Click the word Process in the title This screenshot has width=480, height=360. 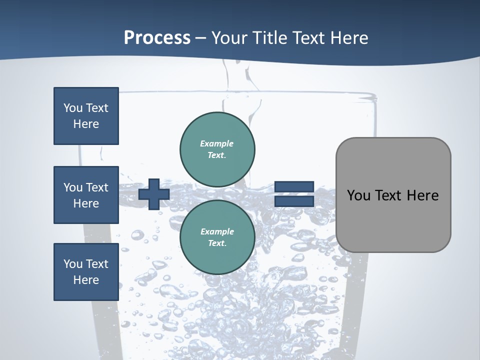pyautogui.click(x=157, y=38)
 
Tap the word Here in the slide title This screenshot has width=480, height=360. pyautogui.click(x=349, y=38)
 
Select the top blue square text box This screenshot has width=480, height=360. pyautogui.click(x=86, y=116)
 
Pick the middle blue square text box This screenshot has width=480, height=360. pyautogui.click(x=86, y=195)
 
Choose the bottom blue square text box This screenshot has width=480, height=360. pyautogui.click(x=86, y=272)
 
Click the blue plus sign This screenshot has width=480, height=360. pyautogui.click(x=154, y=194)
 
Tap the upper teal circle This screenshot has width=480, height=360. pyautogui.click(x=217, y=149)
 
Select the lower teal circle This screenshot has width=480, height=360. pyautogui.click(x=217, y=237)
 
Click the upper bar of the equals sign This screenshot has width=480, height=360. pyautogui.click(x=294, y=186)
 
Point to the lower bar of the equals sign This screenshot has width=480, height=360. pyautogui.click(x=294, y=201)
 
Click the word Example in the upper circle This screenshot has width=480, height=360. pyautogui.click(x=217, y=143)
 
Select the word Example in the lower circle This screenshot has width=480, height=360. pyautogui.click(x=217, y=231)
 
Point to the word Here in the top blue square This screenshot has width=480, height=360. pyautogui.click(x=86, y=124)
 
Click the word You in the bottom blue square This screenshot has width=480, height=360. pyautogui.click(x=72, y=264)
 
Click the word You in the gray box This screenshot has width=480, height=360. pyautogui.click(x=358, y=195)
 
